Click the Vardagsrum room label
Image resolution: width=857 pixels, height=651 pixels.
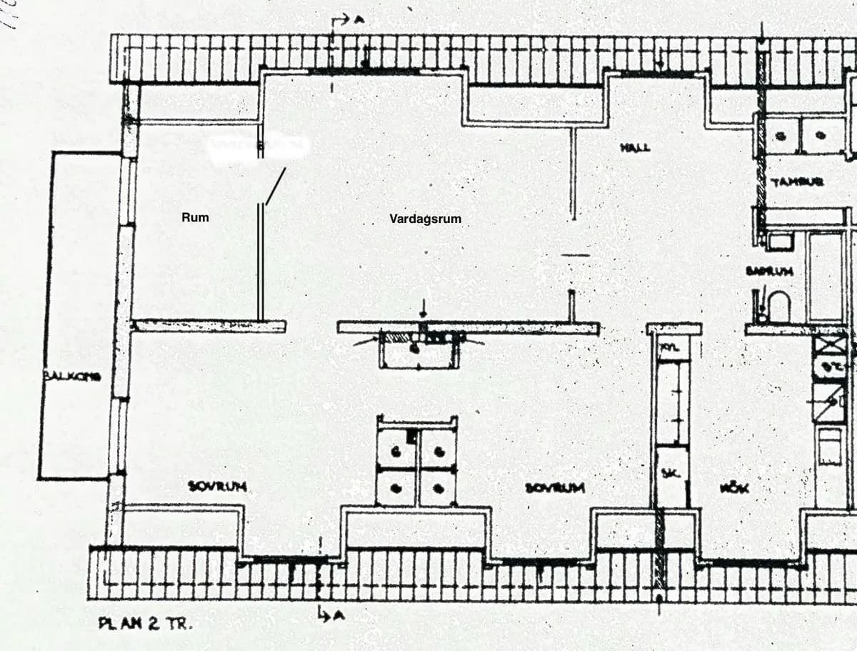[426, 219]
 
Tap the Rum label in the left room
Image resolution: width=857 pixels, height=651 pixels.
[195, 217]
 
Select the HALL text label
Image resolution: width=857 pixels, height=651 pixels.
[634, 147]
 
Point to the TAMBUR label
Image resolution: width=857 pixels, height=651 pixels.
[798, 182]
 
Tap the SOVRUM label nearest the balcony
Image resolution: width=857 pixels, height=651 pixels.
[218, 487]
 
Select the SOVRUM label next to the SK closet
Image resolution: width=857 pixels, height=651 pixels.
[555, 487]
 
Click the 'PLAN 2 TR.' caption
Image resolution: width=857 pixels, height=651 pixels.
[145, 623]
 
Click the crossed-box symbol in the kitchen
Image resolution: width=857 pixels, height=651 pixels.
[830, 345]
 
